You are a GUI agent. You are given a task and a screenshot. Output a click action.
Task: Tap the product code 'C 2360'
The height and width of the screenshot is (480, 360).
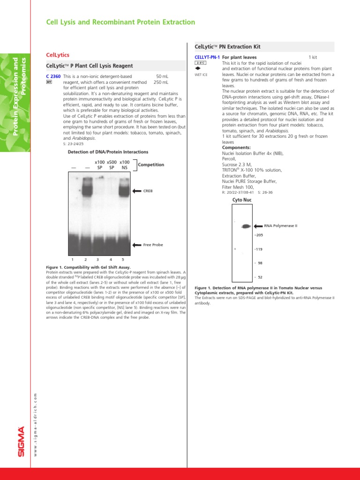coord(53,76)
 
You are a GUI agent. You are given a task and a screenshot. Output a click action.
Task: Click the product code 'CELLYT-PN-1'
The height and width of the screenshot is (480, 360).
coord(207,57)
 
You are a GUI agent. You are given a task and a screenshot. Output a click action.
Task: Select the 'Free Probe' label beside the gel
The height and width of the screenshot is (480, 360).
coord(153,245)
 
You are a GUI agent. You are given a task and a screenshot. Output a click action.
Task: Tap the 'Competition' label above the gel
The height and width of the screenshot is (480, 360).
coord(151,165)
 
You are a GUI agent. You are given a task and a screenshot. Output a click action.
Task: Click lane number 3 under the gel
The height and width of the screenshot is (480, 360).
coord(97,259)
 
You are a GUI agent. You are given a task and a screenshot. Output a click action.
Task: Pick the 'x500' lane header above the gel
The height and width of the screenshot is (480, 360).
coord(112,162)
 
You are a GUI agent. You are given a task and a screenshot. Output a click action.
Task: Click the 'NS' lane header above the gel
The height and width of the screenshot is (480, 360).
coord(124,167)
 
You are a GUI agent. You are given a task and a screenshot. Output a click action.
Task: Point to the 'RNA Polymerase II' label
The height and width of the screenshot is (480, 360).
coord(280,225)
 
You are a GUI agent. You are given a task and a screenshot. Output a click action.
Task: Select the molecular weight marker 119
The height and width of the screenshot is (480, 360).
coord(258,249)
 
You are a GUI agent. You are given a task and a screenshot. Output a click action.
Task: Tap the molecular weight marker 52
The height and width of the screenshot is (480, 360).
coord(260,277)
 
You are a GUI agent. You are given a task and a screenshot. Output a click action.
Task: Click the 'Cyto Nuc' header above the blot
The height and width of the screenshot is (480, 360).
coord(242,200)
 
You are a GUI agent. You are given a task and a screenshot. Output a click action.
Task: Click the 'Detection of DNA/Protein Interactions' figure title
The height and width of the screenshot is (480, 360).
coord(108,152)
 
